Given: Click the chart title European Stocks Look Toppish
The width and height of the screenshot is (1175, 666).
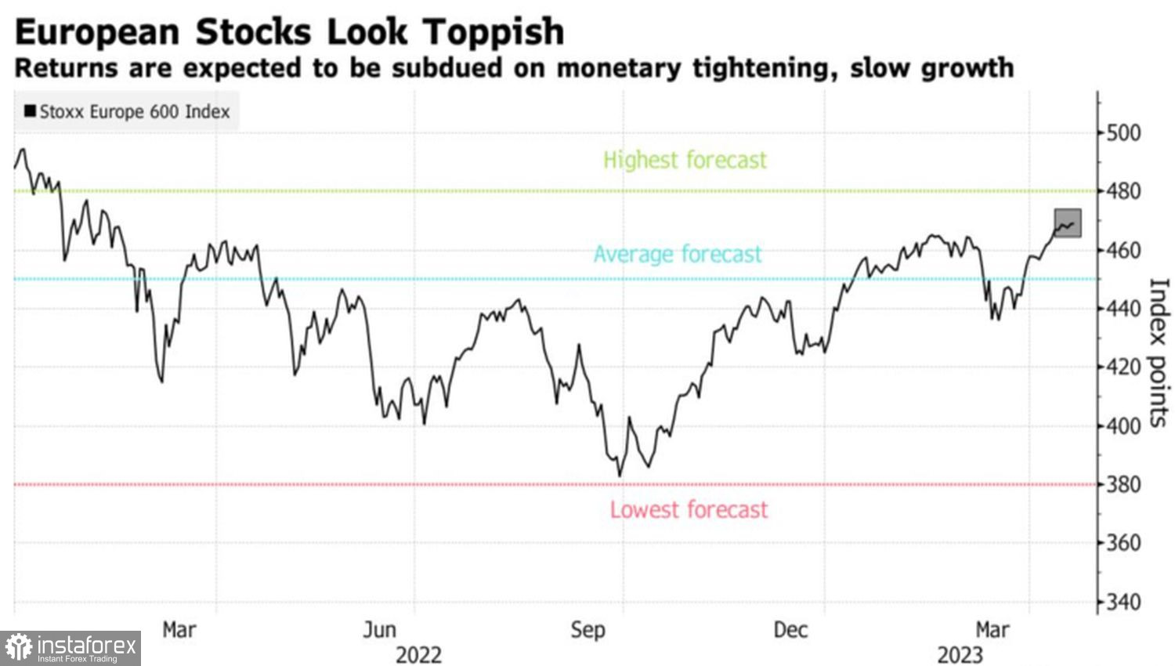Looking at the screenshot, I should tap(289, 32).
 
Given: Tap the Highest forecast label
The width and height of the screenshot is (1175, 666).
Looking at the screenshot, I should tap(685, 160).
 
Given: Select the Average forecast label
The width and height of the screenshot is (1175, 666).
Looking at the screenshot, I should tap(677, 254).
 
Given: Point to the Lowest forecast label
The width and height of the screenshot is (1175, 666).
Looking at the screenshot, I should tap(689, 510).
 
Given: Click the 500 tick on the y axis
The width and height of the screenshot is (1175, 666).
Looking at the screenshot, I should tap(1123, 133).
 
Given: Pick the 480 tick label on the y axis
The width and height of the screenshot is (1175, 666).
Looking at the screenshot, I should tap(1123, 191).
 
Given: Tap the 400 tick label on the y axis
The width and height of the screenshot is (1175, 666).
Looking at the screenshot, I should tap(1123, 426).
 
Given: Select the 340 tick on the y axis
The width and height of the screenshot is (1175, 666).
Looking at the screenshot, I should tap(1123, 603).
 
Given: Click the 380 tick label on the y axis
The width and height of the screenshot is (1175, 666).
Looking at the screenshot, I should tap(1123, 485).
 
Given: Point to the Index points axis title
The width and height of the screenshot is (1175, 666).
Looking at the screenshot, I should tap(1159, 353).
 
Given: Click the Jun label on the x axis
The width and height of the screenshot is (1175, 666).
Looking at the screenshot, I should tap(379, 630).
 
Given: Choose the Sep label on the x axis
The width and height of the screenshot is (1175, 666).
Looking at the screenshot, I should tap(587, 630).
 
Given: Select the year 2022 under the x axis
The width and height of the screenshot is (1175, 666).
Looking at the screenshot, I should tap(418, 654).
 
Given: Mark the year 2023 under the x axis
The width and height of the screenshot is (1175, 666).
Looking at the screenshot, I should tap(960, 654).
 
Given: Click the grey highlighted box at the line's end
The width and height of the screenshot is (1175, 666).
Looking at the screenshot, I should tap(1068, 223).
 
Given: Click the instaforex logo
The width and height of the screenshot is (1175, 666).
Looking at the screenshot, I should tap(70, 648).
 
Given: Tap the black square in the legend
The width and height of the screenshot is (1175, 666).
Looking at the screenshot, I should tap(30, 111).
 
